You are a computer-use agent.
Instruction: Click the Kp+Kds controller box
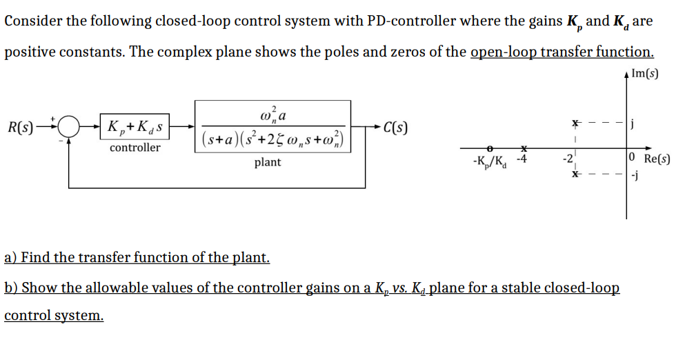coord(136,127)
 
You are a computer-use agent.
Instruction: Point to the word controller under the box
coord(135,148)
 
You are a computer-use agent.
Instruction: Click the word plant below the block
coord(268,163)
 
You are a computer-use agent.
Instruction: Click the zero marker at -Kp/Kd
coord(489,148)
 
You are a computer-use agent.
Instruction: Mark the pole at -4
coord(524,148)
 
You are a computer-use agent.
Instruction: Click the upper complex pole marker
coord(575,123)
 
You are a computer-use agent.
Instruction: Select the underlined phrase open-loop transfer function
coord(562,52)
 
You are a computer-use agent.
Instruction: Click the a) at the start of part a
coord(10,258)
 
